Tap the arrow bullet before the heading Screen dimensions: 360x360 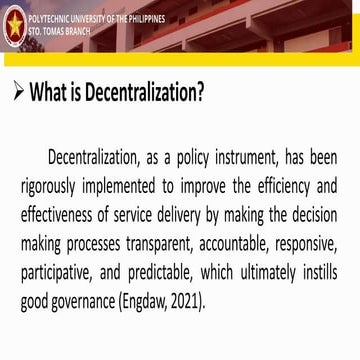coord(17,93)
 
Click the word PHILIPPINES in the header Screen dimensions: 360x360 coord(143,19)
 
